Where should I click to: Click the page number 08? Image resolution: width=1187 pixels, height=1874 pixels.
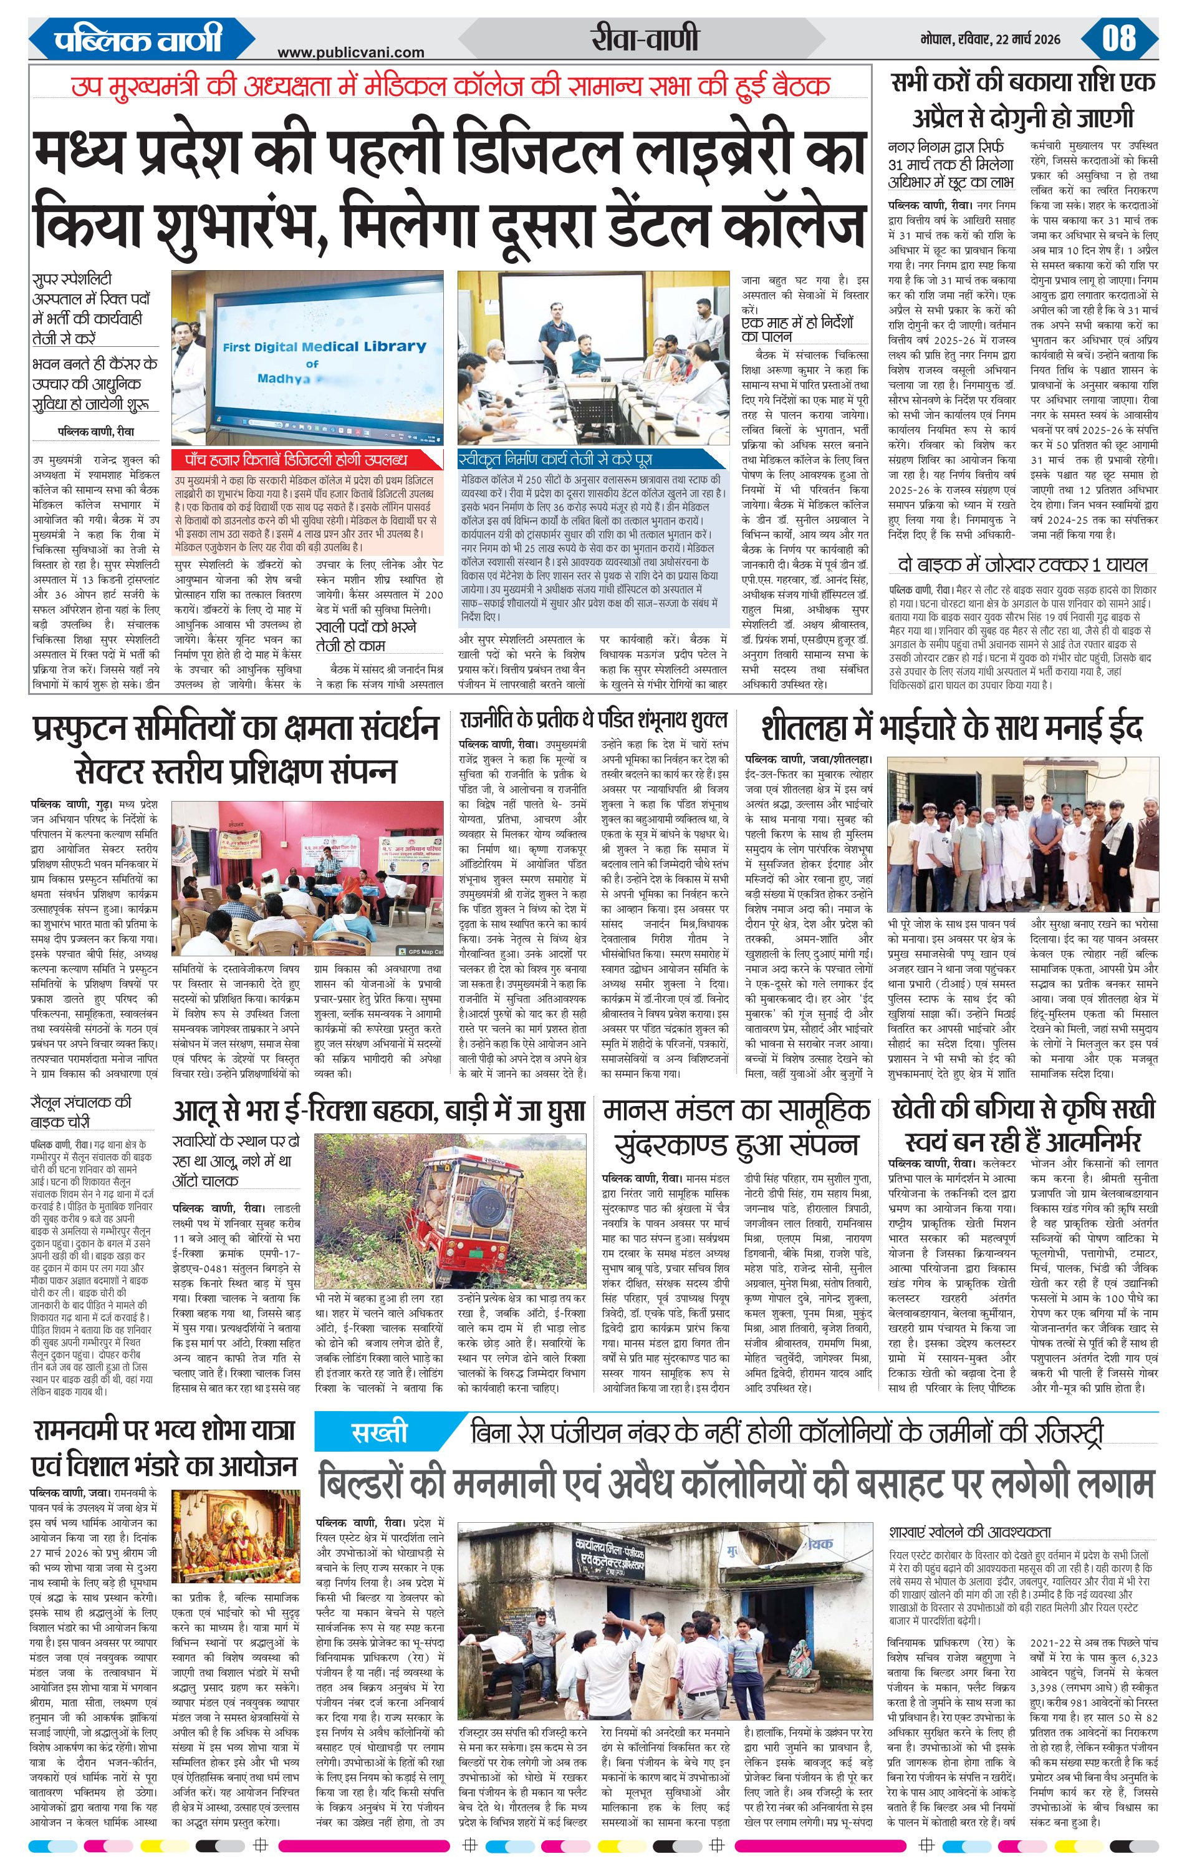(1118, 38)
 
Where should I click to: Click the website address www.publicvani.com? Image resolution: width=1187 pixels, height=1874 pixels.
(351, 52)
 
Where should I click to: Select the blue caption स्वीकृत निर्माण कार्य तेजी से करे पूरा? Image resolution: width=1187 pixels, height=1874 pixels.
(557, 459)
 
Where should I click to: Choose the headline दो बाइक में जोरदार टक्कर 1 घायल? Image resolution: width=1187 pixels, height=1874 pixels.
(1023, 565)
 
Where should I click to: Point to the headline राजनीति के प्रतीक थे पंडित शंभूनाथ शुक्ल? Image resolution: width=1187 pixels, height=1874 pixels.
(593, 718)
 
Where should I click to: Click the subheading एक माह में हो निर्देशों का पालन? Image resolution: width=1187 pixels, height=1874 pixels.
(797, 328)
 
